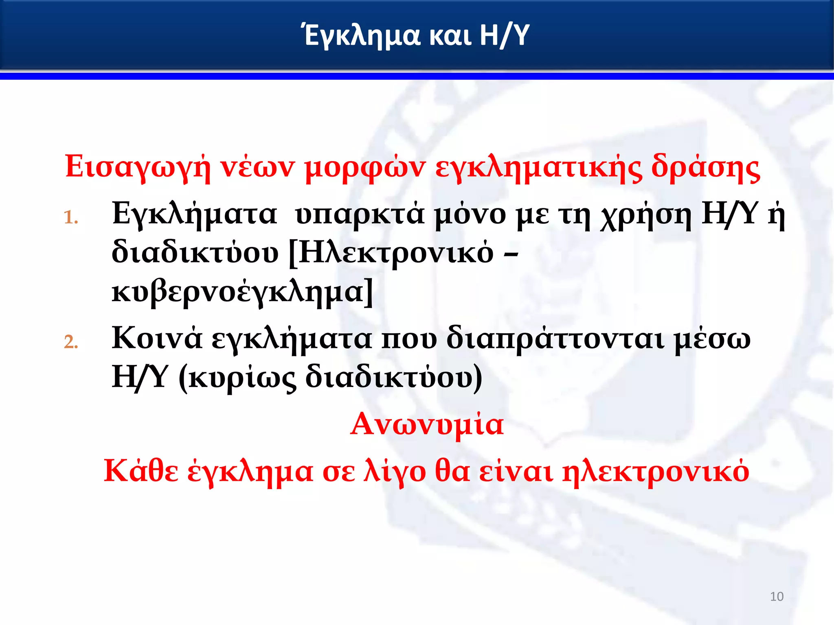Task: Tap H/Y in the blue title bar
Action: (505, 35)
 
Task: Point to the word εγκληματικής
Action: (538, 167)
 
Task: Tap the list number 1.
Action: (71, 218)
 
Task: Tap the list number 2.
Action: (71, 342)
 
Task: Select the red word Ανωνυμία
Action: (427, 424)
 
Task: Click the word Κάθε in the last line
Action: (141, 471)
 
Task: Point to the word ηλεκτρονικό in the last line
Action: (656, 471)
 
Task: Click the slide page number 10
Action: (777, 597)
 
